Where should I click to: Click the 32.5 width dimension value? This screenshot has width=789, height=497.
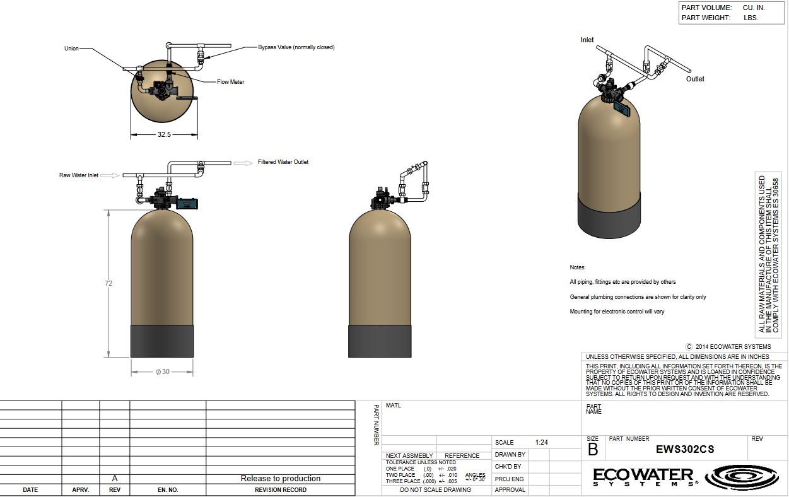tap(164, 134)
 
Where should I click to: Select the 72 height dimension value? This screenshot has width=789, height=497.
tap(108, 283)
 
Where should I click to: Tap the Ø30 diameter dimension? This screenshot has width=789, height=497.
tap(163, 371)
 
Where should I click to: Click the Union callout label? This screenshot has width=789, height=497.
tap(71, 49)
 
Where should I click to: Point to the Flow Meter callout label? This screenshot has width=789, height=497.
tap(230, 82)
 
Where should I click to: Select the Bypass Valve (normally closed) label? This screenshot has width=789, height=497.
tap(296, 47)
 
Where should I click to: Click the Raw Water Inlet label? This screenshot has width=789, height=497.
tap(79, 175)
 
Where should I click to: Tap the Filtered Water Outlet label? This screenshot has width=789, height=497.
tap(283, 162)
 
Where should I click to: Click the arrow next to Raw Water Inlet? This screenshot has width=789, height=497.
tap(110, 175)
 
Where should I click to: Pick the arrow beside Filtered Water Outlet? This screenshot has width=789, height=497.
tap(243, 163)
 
